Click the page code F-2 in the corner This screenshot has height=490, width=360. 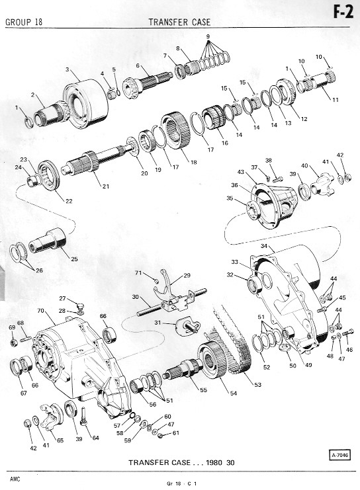[343, 12]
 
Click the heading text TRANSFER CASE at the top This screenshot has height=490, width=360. [179, 22]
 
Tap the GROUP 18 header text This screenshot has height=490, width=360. [24, 22]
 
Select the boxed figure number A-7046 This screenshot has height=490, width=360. [339, 455]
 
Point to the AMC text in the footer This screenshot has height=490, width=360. [15, 479]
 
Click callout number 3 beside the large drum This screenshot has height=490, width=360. [67, 69]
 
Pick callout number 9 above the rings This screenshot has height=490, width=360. [208, 36]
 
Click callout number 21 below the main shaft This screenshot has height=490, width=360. [106, 186]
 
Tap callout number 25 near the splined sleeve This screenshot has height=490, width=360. [74, 259]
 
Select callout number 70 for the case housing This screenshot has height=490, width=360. [40, 311]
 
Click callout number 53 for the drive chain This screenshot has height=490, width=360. [257, 384]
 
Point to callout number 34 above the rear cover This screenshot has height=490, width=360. [264, 246]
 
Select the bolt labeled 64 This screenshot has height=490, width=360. [83, 416]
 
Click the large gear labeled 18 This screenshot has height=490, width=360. [176, 130]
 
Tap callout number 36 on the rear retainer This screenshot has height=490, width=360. [234, 185]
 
